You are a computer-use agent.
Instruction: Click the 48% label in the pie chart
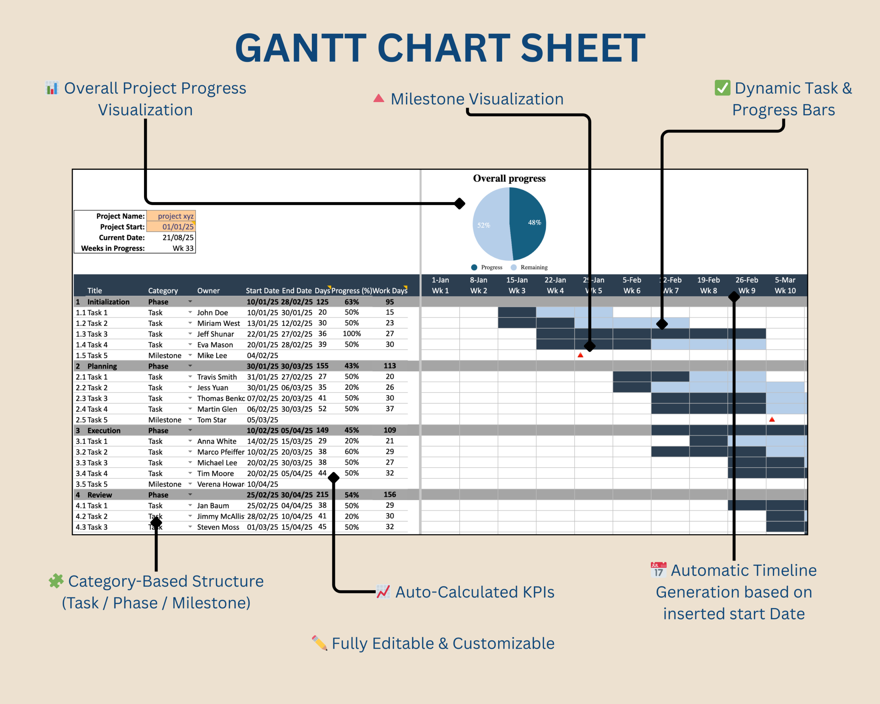pyautogui.click(x=534, y=222)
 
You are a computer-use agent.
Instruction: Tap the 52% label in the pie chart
pyautogui.click(x=484, y=225)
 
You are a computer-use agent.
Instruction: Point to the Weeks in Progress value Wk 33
pyautogui.click(x=183, y=248)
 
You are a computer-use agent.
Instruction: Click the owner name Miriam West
pyautogui.click(x=218, y=323)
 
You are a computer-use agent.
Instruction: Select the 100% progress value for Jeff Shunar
pyautogui.click(x=351, y=333)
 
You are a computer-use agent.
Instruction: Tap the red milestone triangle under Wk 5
pyautogui.click(x=580, y=355)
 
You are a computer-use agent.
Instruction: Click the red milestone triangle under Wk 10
pyautogui.click(x=772, y=419)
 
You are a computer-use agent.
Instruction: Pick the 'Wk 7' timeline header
pyautogui.click(x=671, y=290)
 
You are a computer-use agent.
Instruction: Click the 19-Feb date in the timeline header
pyautogui.click(x=708, y=280)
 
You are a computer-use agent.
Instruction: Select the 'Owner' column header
pyautogui.click(x=208, y=290)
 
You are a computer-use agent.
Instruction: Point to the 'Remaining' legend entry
pyautogui.click(x=533, y=267)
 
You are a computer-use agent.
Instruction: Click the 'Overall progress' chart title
pyautogui.click(x=509, y=178)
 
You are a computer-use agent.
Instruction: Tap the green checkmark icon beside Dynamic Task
pyautogui.click(x=722, y=88)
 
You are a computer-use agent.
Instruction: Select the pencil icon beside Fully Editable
pyautogui.click(x=320, y=643)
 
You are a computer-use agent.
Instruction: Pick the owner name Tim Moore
pyautogui.click(x=216, y=473)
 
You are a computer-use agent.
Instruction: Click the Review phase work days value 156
pyautogui.click(x=389, y=494)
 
